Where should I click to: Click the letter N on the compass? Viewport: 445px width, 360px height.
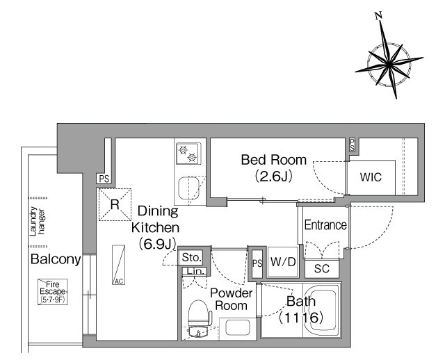point(378,15)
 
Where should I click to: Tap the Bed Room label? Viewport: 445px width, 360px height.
point(274,160)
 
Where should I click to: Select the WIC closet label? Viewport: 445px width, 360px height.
point(371,177)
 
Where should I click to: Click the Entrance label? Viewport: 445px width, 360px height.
point(325,225)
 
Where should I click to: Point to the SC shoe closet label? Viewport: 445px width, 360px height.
point(322,268)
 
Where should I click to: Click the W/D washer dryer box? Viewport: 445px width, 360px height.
point(283,262)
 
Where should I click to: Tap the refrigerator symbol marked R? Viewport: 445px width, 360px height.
point(115,204)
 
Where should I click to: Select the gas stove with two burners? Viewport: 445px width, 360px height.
point(188,154)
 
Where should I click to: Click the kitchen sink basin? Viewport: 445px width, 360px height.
point(188,188)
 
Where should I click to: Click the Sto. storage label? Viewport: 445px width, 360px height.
point(192,258)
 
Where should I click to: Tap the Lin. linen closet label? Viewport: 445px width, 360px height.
point(196,271)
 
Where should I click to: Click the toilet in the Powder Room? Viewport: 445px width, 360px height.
point(200,313)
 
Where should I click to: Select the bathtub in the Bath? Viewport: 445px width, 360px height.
point(322,310)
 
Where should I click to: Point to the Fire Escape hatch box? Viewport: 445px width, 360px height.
point(53,292)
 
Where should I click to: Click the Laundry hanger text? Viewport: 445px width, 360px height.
point(37,221)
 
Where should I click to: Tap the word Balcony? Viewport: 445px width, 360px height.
point(56,259)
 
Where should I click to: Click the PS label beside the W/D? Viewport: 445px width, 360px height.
point(257,263)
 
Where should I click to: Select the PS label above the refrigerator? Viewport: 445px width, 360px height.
point(104,179)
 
